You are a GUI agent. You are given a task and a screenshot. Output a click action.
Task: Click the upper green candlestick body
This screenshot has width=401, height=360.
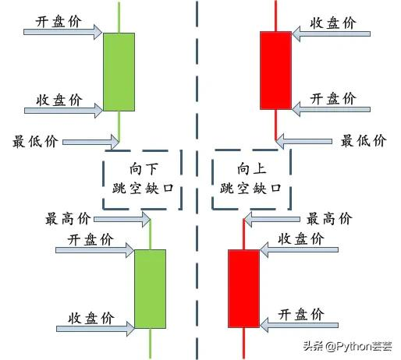pos(119,72)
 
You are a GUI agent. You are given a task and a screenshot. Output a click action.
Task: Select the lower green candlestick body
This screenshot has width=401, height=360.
pos(150,289)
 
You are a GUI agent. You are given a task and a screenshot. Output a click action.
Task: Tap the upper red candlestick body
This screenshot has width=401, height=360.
pos(275,70)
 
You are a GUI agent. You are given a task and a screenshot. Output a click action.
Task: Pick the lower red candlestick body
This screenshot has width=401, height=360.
pos(243,288)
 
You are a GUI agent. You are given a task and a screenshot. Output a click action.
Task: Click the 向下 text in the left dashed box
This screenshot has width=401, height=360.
pos(144,169)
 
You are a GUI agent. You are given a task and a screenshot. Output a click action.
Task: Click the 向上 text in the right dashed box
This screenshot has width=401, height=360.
pos(251,169)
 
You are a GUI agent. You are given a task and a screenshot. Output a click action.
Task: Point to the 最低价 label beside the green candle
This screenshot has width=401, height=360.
pos(35,142)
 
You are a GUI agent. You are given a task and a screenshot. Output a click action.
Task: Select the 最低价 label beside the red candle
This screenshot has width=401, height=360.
pos(364,141)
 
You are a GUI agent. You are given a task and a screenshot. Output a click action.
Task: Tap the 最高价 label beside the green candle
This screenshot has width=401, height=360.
pos(68,219)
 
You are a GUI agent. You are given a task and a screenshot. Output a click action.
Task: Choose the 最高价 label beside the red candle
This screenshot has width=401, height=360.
pos(329,218)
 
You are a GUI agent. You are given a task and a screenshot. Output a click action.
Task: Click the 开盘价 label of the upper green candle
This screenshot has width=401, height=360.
pos(59,21)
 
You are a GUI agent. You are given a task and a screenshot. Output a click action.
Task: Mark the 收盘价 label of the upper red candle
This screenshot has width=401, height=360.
pos(333,23)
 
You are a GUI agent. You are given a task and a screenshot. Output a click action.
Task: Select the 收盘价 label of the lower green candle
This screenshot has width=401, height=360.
pos(91,318)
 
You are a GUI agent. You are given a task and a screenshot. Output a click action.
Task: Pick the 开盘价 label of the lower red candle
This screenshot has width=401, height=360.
pos(301,314)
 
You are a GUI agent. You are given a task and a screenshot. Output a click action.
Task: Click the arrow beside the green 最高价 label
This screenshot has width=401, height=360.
pos(122,220)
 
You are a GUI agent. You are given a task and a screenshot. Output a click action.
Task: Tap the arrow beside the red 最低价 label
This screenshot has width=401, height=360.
pos(303,141)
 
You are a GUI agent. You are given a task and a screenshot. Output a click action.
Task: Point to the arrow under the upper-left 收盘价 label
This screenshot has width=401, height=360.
pos(64,111)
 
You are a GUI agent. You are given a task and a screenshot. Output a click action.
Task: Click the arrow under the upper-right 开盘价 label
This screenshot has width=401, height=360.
pos(331,109)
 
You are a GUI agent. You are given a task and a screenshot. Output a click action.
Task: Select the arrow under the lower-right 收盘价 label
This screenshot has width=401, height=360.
pos(299,249)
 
